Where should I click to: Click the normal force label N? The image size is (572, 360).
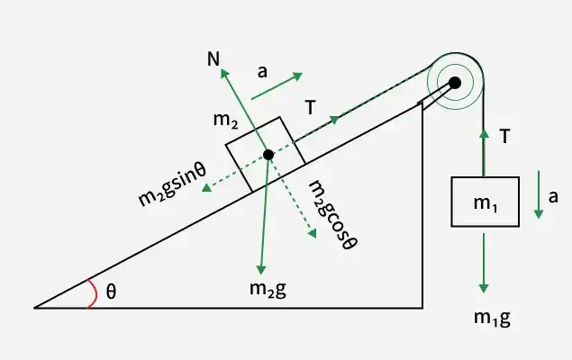coord(213,58)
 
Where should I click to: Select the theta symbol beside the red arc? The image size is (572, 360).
coord(112,292)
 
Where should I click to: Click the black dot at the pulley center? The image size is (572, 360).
coord(455,83)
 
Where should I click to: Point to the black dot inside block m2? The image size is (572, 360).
coord(268,155)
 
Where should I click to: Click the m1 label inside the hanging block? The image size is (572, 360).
coord(486,203)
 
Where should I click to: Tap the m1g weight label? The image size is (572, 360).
coord(492,318)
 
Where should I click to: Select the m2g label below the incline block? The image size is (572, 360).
coord(268,289)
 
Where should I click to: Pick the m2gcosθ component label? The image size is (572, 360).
coord(332,216)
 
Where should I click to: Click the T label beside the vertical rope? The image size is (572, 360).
coord(504,137)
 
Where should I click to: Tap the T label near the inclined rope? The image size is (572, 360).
coord(310,107)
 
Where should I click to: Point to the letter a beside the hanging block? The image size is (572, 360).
coord(553,197)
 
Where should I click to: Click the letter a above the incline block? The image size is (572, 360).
coord(262,72)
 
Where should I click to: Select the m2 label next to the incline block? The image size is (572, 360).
coord(226,121)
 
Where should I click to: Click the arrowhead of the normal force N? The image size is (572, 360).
coord(224,73)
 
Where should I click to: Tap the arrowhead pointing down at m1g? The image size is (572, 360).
coord(484,288)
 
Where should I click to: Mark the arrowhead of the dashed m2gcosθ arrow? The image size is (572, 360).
coord(312,234)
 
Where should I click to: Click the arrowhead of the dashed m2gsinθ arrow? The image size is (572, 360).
coord(206,188)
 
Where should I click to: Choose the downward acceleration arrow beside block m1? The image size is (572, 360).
coord(539,194)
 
